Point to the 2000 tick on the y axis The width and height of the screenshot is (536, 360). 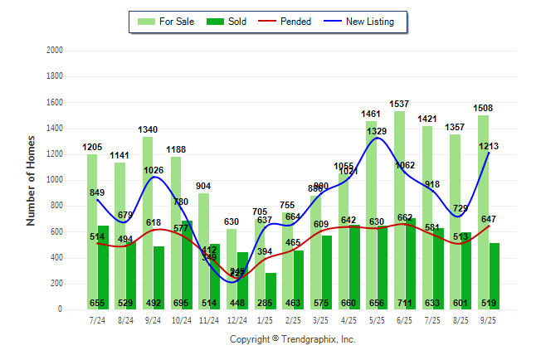(55, 51)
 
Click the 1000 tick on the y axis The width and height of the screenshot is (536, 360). (55, 180)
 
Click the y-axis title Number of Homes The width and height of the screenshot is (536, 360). (32, 180)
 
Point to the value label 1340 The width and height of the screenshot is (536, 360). (149, 129)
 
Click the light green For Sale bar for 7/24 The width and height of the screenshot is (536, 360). (92, 232)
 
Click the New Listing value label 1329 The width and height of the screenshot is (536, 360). (378, 131)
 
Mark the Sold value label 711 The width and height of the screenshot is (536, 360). (410, 303)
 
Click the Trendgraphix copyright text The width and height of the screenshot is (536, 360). (292, 339)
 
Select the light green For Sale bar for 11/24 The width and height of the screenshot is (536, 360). (203, 249)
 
